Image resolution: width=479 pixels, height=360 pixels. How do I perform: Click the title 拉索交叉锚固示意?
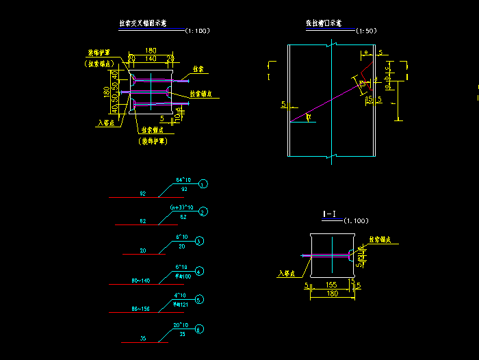(x=143, y=23)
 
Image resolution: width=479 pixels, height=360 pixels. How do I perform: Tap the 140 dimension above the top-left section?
(x=150, y=59)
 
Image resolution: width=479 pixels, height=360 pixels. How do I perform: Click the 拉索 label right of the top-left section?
(x=198, y=69)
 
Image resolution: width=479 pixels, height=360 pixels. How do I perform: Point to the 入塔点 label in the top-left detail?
(x=106, y=123)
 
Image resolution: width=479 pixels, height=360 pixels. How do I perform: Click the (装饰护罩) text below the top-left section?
(x=153, y=141)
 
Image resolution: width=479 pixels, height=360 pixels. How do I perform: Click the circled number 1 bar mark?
(x=204, y=185)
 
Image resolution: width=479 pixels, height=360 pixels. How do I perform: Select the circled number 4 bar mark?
(x=199, y=272)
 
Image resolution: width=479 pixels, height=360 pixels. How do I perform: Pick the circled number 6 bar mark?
(x=199, y=330)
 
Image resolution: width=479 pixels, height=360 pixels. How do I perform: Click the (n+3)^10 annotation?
(x=182, y=207)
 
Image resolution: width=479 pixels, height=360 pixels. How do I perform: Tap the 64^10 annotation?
(x=185, y=180)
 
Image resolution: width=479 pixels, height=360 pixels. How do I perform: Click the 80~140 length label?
(x=140, y=280)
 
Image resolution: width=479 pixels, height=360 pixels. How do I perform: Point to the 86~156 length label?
(x=140, y=309)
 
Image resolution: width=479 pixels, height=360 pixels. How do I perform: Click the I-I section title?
(x=330, y=214)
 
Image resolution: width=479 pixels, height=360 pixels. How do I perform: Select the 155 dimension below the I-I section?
(x=331, y=284)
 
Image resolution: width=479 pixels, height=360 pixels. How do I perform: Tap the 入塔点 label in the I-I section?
(x=287, y=273)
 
